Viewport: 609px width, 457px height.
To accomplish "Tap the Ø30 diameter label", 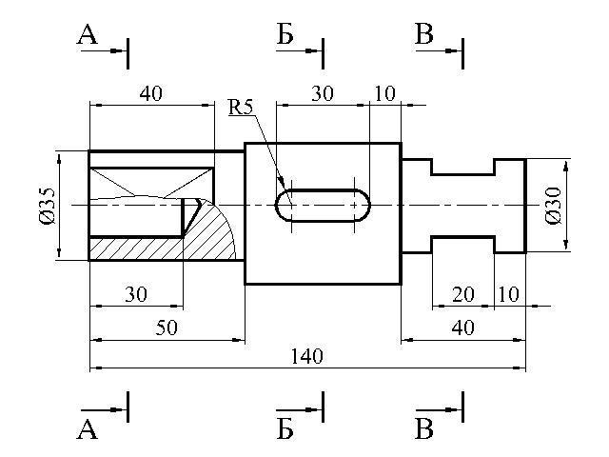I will [554, 205].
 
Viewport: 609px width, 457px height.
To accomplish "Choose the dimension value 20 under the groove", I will [462, 295].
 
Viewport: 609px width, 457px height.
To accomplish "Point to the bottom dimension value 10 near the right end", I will [508, 295].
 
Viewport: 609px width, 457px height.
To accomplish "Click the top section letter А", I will [88, 35].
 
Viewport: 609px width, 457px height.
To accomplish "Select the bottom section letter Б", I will [285, 429].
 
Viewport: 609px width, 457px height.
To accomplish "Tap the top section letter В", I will [424, 35].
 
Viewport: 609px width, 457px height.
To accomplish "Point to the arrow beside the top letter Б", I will [307, 50].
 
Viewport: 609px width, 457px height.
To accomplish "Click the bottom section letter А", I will [88, 429].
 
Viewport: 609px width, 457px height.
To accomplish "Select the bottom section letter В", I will [424, 429].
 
